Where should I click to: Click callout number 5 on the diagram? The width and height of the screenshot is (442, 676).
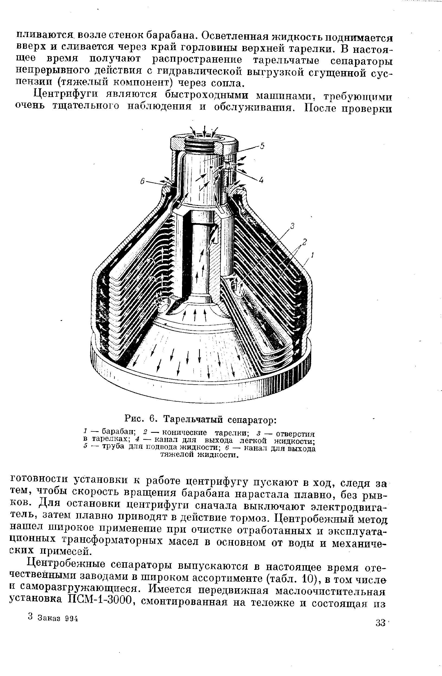point(262,146)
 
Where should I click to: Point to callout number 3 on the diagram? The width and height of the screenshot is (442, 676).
point(292,226)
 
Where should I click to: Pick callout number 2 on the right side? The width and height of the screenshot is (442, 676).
point(304,242)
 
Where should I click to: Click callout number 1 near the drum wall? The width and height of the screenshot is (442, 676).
point(312,256)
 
